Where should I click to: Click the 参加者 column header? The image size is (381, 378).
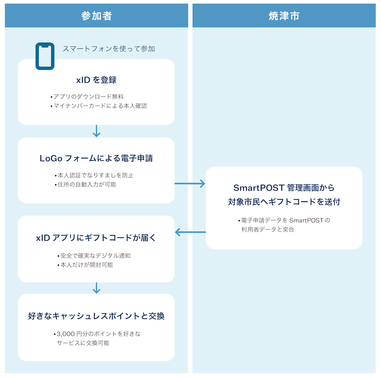[x=96, y=16]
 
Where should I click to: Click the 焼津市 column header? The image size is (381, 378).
[x=284, y=16]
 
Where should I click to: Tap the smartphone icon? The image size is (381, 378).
[x=45, y=56]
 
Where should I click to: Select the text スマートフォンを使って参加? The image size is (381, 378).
[x=108, y=49]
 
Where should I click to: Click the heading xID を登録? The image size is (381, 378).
[x=96, y=80]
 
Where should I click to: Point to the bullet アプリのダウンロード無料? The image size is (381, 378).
[x=89, y=96]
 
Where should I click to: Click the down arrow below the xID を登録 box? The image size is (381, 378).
[x=96, y=131]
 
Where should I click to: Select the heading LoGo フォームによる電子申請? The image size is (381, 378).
[x=96, y=158]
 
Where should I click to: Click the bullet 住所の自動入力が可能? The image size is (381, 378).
[x=87, y=184]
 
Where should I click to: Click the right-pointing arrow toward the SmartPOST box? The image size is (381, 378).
[x=190, y=183]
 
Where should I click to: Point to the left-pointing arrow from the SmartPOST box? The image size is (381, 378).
[x=190, y=232]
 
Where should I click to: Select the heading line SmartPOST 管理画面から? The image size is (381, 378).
[x=284, y=187]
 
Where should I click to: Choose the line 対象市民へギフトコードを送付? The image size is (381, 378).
[x=284, y=202]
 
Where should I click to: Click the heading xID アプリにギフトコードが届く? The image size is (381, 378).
[x=96, y=238]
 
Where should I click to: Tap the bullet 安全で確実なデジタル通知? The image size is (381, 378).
[x=95, y=256]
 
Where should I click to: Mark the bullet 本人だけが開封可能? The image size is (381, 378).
[x=87, y=265]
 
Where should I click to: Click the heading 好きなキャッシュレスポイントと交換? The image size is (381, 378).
[x=96, y=316]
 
